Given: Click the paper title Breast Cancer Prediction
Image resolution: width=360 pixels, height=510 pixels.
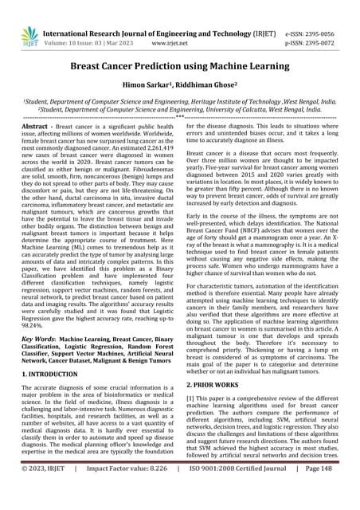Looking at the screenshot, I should pyautogui.click(x=180, y=69).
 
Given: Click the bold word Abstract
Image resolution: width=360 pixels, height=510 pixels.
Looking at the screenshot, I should pyautogui.click(x=37, y=127).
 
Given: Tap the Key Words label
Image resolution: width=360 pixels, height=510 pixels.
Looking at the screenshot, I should pyautogui.click(x=37, y=339).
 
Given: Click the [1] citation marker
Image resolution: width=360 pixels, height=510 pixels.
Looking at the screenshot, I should pyautogui.click(x=190, y=398).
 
